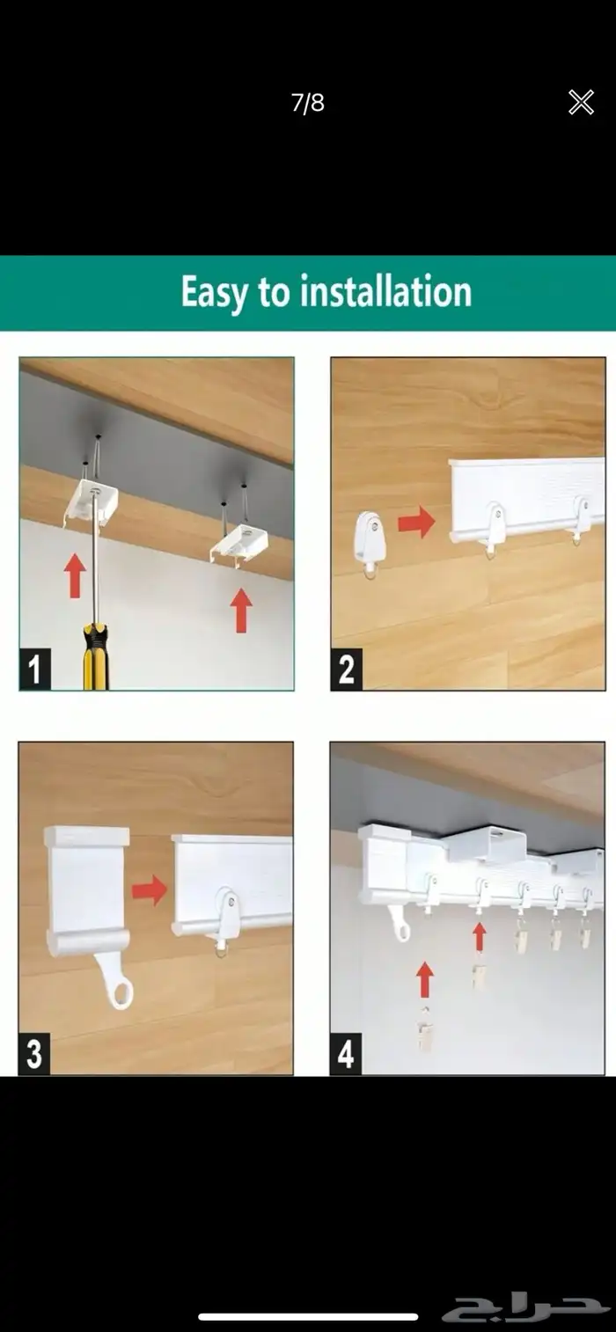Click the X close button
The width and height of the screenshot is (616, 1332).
coord(581,102)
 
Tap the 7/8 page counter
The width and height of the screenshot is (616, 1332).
coord(308,103)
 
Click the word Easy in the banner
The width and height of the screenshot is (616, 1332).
coord(215,293)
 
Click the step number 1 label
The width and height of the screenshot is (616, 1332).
coord(35,669)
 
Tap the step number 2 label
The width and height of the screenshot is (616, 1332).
coord(347,669)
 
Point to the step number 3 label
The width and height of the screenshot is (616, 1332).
coord(34,1054)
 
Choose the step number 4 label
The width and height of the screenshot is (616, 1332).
coord(346,1054)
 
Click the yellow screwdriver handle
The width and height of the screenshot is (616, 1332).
coord(96,656)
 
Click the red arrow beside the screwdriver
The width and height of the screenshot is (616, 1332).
coord(75,575)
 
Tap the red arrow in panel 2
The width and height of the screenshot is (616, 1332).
coord(417,522)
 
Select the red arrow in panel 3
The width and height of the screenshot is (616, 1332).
coord(150,890)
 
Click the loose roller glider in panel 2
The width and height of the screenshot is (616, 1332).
coord(370,545)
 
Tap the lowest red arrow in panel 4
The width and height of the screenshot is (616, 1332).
coord(424,980)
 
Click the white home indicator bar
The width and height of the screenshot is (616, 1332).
coord(308,1316)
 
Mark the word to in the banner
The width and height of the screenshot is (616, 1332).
coord(275,293)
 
